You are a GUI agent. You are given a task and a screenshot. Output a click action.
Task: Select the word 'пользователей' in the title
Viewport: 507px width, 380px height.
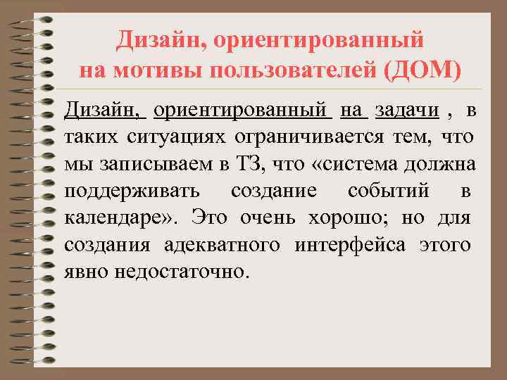coord(290,70)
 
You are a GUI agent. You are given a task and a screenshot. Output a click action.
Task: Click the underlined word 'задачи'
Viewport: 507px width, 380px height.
coord(403,110)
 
